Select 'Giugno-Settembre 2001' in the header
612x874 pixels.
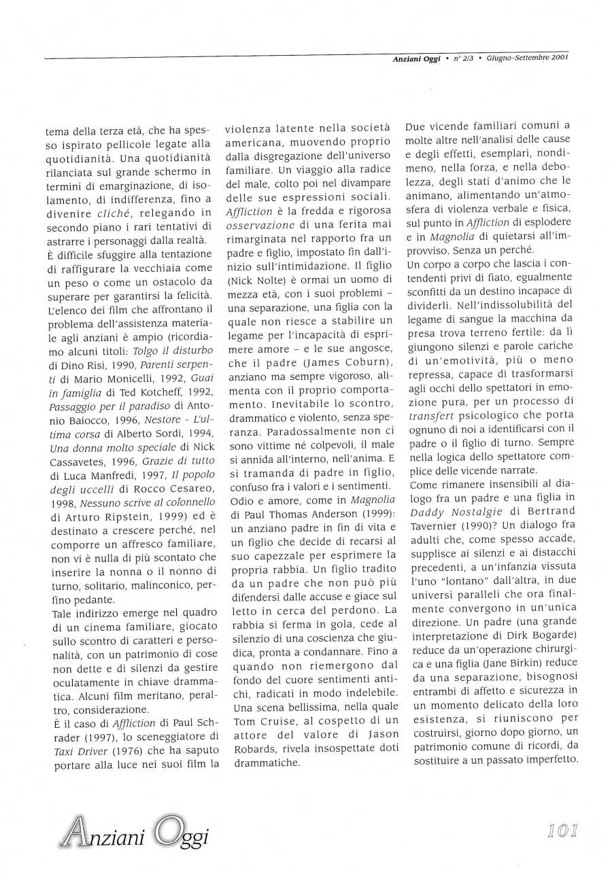[526, 57]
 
